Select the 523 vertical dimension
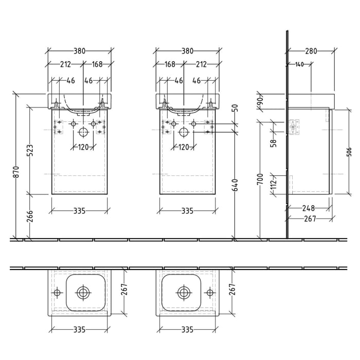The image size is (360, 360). pos(30,150)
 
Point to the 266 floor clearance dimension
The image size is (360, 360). pos(30,217)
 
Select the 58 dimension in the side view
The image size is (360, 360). pos(274,142)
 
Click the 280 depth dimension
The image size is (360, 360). pos(311,51)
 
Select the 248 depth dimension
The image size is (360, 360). pos(308,209)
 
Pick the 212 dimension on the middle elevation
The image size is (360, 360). pos(201,64)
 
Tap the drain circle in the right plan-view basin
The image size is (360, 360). pos(183,292)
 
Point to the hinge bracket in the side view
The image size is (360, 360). pos(295,127)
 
